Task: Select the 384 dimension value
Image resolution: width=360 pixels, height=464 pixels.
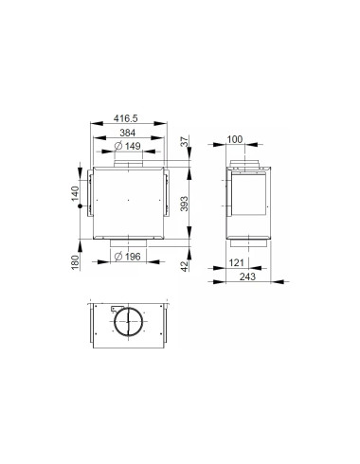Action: click(x=129, y=134)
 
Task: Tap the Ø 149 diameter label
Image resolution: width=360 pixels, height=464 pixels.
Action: click(x=129, y=148)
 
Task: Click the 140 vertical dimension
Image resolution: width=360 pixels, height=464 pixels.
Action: click(x=73, y=194)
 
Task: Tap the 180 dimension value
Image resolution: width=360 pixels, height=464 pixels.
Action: click(x=73, y=260)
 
